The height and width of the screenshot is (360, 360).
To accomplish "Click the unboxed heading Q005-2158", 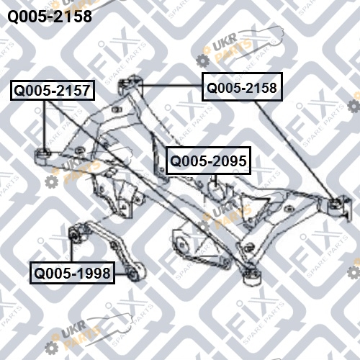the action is click(50, 17).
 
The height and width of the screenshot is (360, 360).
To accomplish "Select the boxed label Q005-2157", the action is click(53, 90).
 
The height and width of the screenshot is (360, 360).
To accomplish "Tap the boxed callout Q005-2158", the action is click(242, 86).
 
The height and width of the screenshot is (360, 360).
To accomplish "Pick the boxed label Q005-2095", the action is click(208, 161).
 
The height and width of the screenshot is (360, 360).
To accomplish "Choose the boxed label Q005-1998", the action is click(72, 273).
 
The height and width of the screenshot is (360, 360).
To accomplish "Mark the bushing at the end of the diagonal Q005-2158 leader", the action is click(336, 207).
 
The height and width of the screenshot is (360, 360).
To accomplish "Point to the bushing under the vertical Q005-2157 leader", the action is click(43, 157).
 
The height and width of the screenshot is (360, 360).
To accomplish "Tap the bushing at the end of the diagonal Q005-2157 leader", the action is click(251, 276).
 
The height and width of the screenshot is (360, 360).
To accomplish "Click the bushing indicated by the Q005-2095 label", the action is click(217, 192).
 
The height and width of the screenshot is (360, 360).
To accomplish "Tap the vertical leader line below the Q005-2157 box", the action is click(45, 125).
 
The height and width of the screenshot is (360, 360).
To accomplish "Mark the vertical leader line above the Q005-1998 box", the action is click(71, 250).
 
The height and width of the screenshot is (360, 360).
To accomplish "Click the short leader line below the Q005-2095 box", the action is click(216, 180).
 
